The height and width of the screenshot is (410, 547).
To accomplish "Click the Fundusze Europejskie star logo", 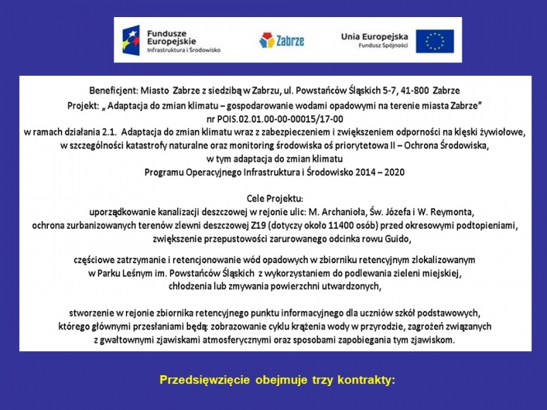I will click(131, 39).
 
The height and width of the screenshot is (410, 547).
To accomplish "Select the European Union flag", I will click(434, 41).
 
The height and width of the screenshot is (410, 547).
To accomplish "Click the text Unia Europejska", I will click(374, 36).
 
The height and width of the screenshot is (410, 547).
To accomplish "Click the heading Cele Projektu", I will click(273, 198).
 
